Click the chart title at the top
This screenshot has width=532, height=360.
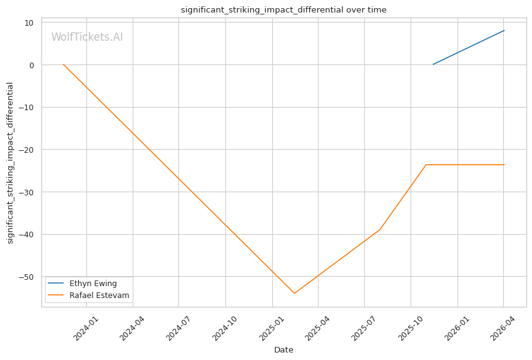[x=284, y=10]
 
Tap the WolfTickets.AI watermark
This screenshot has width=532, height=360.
[x=87, y=37]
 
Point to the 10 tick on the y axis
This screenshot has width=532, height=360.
[x=29, y=23]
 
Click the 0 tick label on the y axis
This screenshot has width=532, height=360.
[x=32, y=65]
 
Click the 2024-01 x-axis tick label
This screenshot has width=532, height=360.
[x=86, y=329]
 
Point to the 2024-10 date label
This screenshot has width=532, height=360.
[x=224, y=329]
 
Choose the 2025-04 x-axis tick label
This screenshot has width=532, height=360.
[x=317, y=329]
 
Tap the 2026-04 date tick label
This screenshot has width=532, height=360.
[x=503, y=329]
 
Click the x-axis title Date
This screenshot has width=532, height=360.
[x=284, y=350]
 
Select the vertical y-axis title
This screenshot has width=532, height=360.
[x=10, y=163]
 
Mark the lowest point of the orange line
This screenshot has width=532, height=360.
[x=294, y=293]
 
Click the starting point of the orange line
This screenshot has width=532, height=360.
[x=63, y=64]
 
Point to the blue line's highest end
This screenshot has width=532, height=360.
[x=504, y=31]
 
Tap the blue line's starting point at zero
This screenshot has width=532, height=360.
[x=433, y=64]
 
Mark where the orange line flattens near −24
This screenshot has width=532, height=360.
[x=426, y=165]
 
